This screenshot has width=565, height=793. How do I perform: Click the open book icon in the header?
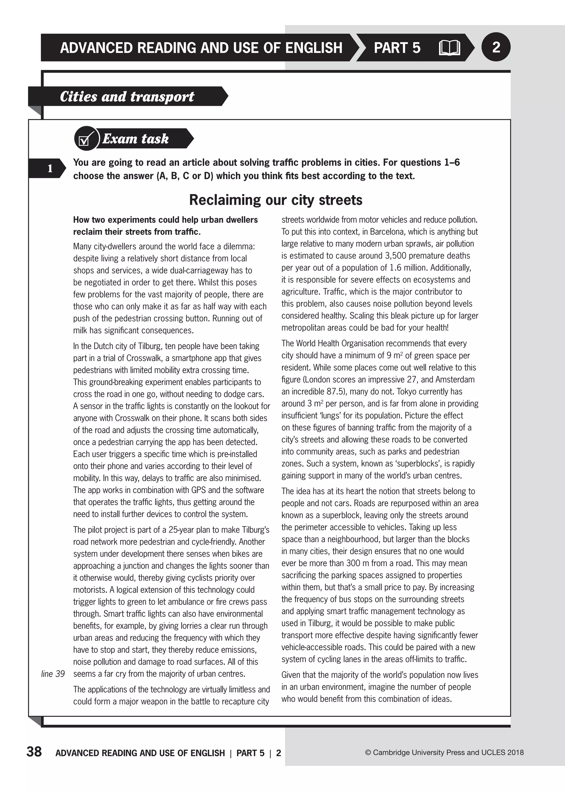(449, 48)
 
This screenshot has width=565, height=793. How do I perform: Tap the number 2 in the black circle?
(496, 47)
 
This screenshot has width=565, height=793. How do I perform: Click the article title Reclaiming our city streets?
(276, 200)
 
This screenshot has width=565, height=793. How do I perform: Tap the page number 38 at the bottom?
(34, 752)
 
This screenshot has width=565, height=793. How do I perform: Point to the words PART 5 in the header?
(397, 48)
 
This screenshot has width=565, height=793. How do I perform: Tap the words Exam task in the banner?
(135, 139)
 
